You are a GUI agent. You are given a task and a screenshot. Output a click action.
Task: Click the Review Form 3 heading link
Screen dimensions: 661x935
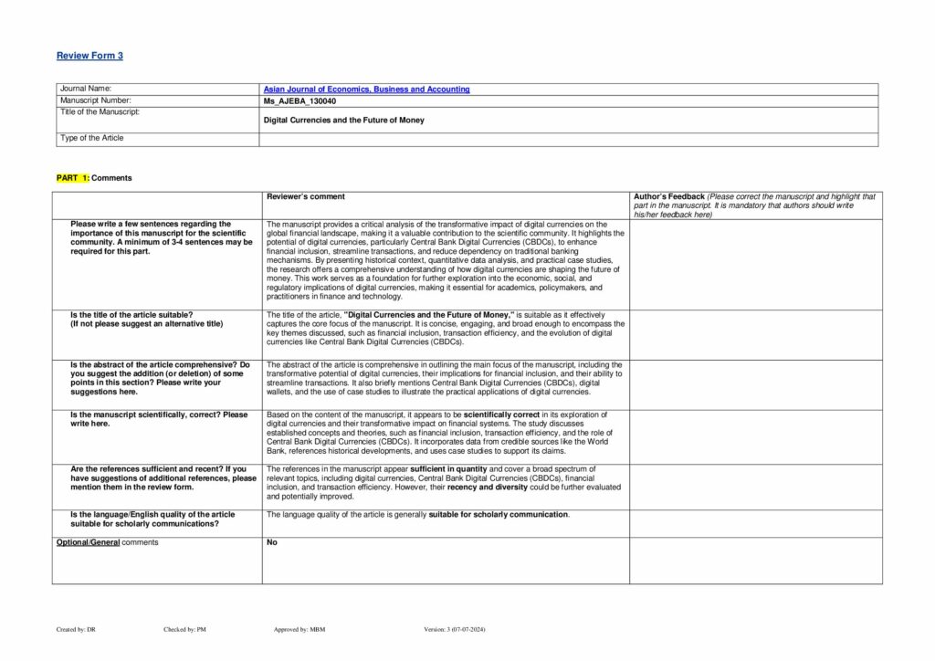pyautogui.click(x=89, y=56)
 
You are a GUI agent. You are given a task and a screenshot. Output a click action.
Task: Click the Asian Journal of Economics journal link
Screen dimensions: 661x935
pyautogui.click(x=366, y=89)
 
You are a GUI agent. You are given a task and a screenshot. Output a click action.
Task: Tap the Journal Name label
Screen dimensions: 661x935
pyautogui.click(x=85, y=89)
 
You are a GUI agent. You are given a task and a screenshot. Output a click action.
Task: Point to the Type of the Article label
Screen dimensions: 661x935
pyautogui.click(x=92, y=138)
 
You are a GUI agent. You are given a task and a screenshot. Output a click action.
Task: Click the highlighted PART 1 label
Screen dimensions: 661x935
pyautogui.click(x=73, y=178)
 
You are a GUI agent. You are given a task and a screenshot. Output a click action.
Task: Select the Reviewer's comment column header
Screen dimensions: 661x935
pyautogui.click(x=305, y=196)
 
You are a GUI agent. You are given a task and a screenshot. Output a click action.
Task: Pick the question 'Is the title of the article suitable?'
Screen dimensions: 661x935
pyautogui.click(x=131, y=314)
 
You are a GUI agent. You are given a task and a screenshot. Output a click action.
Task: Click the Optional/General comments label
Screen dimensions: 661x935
pyautogui.click(x=107, y=542)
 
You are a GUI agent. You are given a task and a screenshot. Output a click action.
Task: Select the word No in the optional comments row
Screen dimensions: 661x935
pyautogui.click(x=271, y=542)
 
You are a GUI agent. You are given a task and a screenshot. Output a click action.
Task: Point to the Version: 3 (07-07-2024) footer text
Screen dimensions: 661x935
pyautogui.click(x=461, y=629)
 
